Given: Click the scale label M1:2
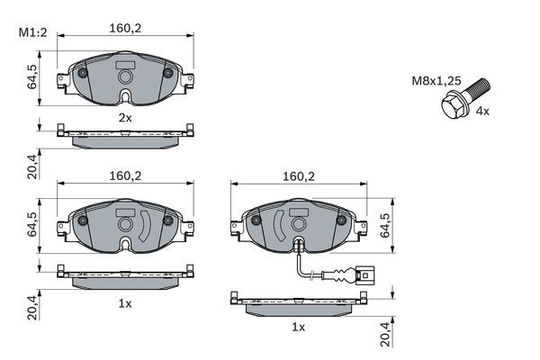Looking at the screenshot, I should coord(32,34).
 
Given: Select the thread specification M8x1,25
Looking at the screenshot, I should coord(436,81).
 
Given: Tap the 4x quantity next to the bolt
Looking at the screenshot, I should coord(481,111).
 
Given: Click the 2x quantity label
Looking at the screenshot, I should coord(125,117).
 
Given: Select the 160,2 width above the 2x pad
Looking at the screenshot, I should coord(125,28).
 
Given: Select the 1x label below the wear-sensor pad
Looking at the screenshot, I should coord(298,328).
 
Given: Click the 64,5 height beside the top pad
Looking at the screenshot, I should coord(33,76).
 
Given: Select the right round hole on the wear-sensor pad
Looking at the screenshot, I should coord(342,218).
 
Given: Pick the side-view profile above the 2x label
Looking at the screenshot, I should coord(125,132).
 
